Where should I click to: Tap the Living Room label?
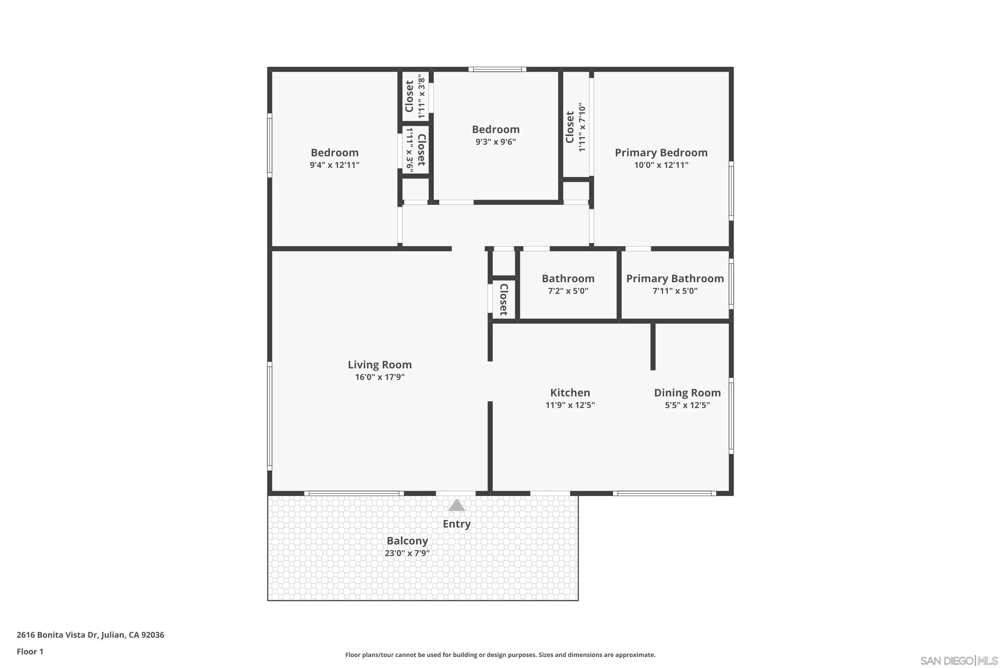pyautogui.click(x=380, y=365)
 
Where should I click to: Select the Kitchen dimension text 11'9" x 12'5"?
pyautogui.click(x=570, y=405)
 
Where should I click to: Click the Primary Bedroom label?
pyautogui.click(x=661, y=153)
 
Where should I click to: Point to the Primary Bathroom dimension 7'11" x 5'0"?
pyautogui.click(x=675, y=291)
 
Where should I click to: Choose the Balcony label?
pyautogui.click(x=407, y=541)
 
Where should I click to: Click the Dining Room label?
pyautogui.click(x=687, y=393)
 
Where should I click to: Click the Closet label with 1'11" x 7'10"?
pyautogui.click(x=570, y=127)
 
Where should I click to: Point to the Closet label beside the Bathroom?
pyautogui.click(x=504, y=300)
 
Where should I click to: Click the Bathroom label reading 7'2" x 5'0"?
pyautogui.click(x=568, y=279)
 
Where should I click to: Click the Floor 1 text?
pyautogui.click(x=30, y=651)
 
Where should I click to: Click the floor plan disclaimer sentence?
pyautogui.click(x=500, y=655)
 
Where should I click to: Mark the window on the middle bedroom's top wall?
pyautogui.click(x=497, y=69)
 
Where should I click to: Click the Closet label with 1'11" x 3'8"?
pyautogui.click(x=409, y=96)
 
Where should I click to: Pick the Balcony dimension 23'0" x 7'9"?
pyautogui.click(x=407, y=553)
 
